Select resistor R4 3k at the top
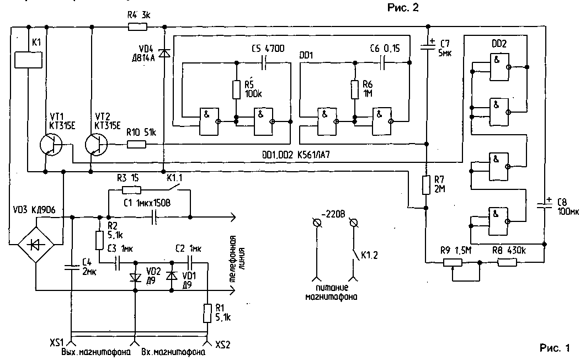[134, 27]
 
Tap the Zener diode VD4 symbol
[164, 54]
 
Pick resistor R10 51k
[136, 145]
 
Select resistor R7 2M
[426, 185]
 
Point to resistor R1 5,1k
[207, 313]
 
